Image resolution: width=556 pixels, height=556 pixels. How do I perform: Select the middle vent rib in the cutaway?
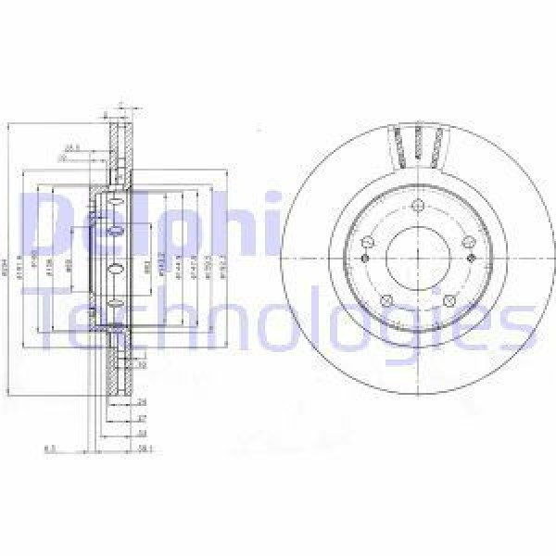(417, 144)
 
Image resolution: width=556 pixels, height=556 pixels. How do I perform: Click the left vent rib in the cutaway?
(398, 146)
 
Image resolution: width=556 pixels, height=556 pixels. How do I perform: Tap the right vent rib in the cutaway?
(436, 146)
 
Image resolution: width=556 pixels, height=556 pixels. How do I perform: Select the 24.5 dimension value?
(70, 146)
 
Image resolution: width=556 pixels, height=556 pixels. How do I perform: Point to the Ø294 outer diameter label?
(9, 269)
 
